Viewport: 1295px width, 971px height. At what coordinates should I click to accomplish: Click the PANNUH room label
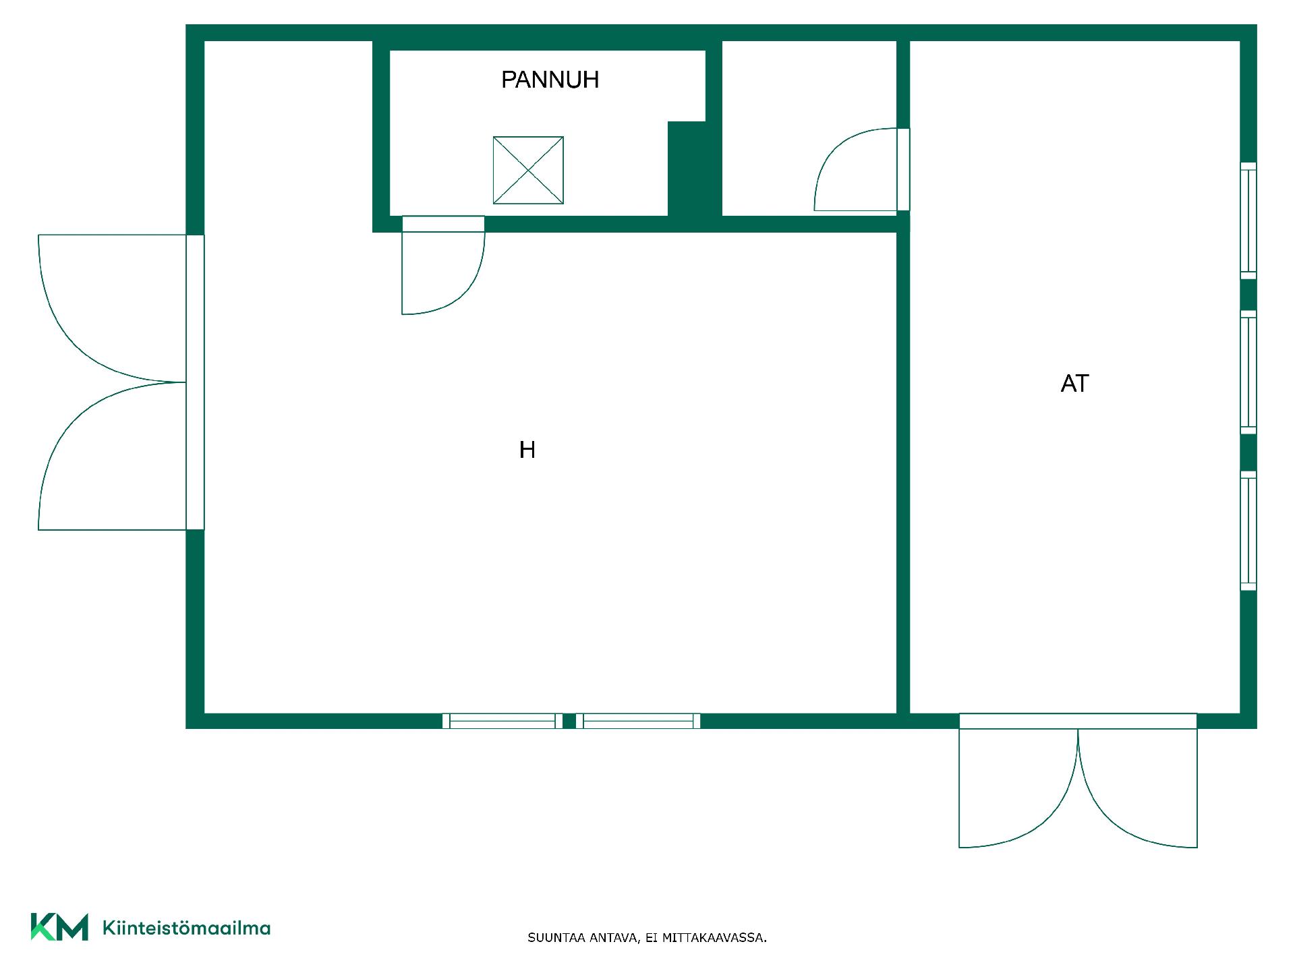pyautogui.click(x=550, y=80)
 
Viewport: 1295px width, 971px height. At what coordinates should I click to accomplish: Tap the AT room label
pyautogui.click(x=1074, y=384)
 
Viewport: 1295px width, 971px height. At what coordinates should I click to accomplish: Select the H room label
pyautogui.click(x=527, y=450)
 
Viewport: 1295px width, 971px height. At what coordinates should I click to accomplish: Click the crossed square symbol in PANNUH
pyautogui.click(x=528, y=170)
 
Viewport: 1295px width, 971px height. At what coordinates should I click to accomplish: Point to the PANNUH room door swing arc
pyautogui.click(x=465, y=290)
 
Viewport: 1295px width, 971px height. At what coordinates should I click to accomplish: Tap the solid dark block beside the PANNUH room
pyautogui.click(x=693, y=169)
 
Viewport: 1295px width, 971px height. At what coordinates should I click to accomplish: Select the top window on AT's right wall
pyautogui.click(x=1248, y=220)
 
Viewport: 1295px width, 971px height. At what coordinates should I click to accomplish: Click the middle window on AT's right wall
pyautogui.click(x=1248, y=372)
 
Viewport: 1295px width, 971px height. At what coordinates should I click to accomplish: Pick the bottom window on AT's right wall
pyautogui.click(x=1248, y=531)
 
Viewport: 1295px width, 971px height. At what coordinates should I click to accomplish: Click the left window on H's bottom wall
pyautogui.click(x=502, y=721)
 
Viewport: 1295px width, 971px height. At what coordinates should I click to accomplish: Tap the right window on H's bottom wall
pyautogui.click(x=638, y=721)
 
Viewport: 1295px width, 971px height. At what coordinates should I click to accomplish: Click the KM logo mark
pyautogui.click(x=59, y=926)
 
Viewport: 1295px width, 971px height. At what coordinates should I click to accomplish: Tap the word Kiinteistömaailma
pyautogui.click(x=186, y=928)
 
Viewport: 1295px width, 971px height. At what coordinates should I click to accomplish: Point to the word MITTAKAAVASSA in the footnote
pyautogui.click(x=714, y=938)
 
